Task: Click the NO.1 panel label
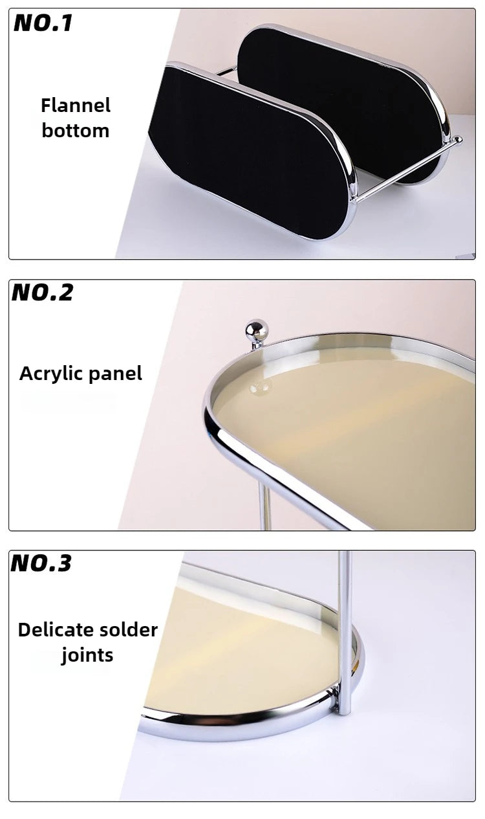point(43,23)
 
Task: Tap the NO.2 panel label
point(43,293)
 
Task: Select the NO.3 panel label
point(41,563)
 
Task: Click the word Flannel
point(76,106)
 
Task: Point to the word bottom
point(76,130)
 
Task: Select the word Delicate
point(55,630)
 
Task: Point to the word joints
point(87,655)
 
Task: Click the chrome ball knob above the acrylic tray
point(257,331)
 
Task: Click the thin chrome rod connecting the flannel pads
point(407,169)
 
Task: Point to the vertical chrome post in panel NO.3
point(344,633)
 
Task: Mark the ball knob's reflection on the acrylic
point(260,387)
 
